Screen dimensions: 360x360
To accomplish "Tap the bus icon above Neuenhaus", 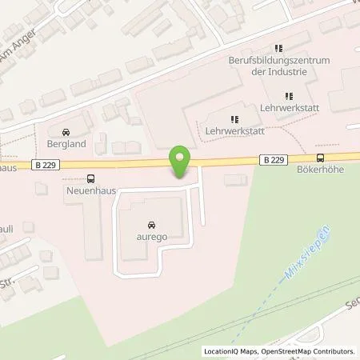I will (x=90, y=179).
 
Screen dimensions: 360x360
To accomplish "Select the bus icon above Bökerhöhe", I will (x=320, y=158).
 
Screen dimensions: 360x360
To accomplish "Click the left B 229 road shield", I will (x=46, y=166).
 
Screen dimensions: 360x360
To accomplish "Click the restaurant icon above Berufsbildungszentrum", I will (x=279, y=49).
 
